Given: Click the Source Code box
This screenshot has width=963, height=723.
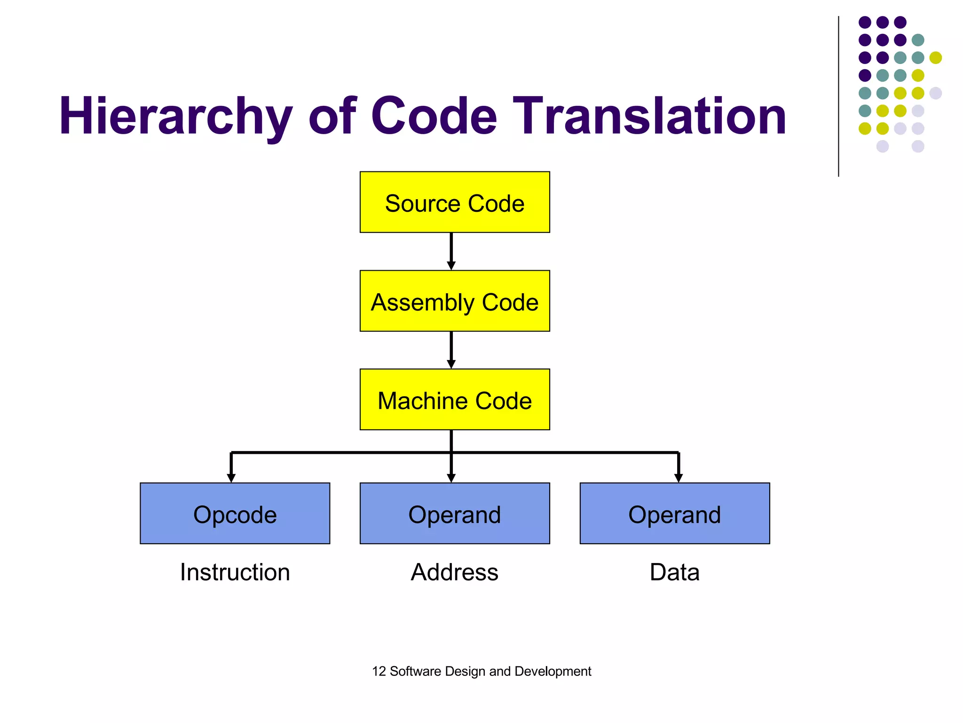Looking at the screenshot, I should point(454,202).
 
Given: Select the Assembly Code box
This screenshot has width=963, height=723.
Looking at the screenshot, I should point(454,301).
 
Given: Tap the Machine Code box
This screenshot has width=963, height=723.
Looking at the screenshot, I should point(454,400).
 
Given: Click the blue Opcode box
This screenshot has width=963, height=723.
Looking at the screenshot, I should point(235,514).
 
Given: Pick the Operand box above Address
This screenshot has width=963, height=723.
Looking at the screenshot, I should point(454,514).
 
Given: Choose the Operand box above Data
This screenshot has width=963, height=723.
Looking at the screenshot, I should point(674,514).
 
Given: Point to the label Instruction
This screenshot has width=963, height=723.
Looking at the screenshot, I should point(235,572).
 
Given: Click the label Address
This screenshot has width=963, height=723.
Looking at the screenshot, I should point(454,572).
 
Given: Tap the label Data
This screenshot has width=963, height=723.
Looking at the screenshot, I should point(674,572).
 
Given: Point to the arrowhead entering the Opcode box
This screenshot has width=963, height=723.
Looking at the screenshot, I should point(231,478).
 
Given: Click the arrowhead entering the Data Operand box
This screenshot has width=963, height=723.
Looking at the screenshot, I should point(678,478).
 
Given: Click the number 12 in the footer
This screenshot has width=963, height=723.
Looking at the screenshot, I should point(379,671).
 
